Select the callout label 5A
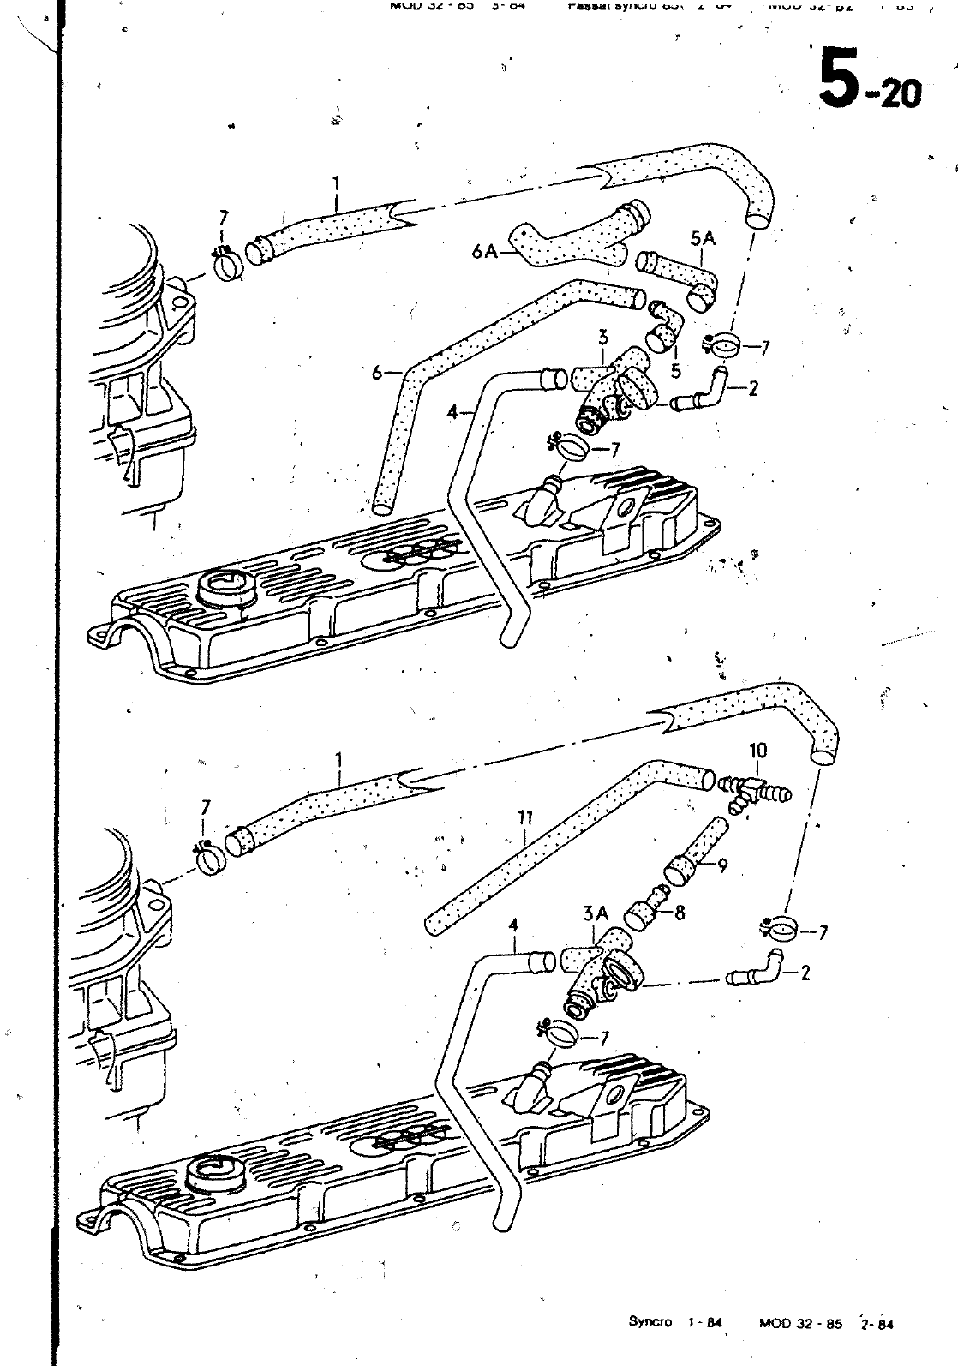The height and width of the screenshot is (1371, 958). coord(702,238)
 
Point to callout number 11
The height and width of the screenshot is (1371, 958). coord(524,818)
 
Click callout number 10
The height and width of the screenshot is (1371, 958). coord(757,751)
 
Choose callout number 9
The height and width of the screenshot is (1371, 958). coord(722,865)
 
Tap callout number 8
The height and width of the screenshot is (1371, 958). coord(680,913)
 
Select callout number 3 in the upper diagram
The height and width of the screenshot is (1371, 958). coord(603,334)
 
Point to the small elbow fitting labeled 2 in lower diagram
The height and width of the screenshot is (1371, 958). coord(751,970)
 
